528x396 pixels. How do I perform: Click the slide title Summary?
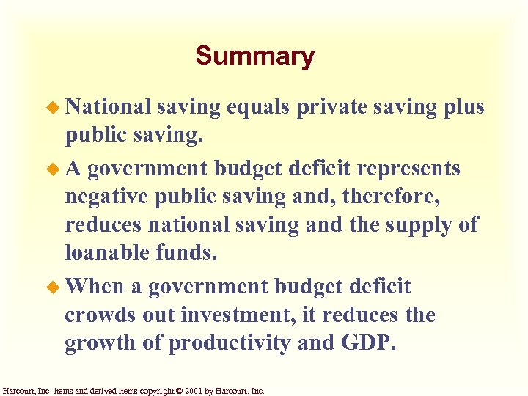254,56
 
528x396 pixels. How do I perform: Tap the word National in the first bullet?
108,107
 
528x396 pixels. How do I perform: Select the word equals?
260,107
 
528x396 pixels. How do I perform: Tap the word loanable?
107,252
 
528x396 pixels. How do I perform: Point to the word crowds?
98,315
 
